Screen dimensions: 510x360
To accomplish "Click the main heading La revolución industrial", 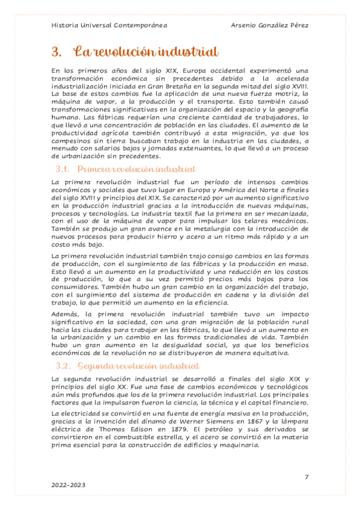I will pos(145,52).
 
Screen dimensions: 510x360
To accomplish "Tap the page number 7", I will pos(307,477).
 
